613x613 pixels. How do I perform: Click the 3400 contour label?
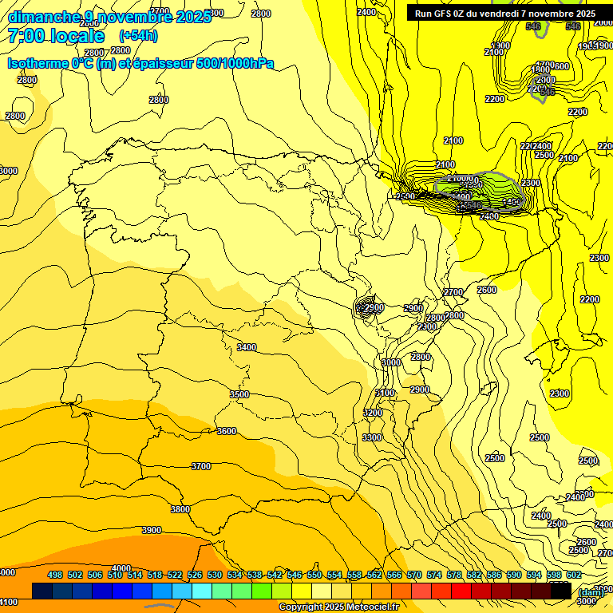pos(247,347)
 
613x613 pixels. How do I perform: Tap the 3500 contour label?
pos(239,394)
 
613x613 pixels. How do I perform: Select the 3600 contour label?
pos(227,431)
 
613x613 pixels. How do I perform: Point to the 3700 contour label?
pos(201,466)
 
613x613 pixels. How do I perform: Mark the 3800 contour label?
pos(180,509)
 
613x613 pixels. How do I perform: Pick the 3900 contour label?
pos(151,530)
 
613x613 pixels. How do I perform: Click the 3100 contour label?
pos(385,393)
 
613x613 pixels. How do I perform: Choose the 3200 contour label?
pos(373,413)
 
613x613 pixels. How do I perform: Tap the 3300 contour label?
pos(372,437)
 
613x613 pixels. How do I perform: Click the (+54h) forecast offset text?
pos(137,36)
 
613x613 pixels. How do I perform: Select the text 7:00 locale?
pos(56,36)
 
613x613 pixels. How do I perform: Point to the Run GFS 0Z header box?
pos(505,14)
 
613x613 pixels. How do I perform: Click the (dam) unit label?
pos(591,592)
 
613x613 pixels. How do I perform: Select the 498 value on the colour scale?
pos(55,575)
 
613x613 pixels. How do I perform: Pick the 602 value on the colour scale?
pos(574,575)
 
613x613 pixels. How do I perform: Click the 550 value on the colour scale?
pos(314,575)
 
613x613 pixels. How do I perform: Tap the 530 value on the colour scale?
pos(215,575)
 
